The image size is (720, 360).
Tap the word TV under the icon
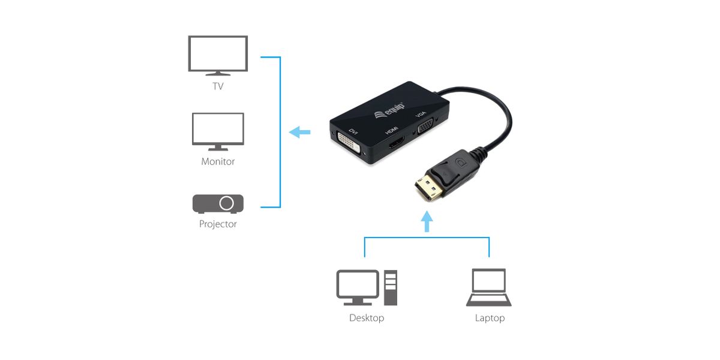tap(218, 86)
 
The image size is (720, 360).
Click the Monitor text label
tap(218, 161)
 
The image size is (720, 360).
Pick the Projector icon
tap(218, 203)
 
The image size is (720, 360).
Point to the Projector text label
tap(218, 224)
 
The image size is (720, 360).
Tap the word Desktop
tap(366, 318)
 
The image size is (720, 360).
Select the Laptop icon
tap(489, 288)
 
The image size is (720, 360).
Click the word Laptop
tap(490, 318)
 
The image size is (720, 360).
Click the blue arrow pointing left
tap(299, 132)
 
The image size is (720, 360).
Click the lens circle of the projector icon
tap(227, 203)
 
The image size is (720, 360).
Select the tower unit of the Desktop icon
tap(391, 287)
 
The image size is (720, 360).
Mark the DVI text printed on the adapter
tap(353, 131)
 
